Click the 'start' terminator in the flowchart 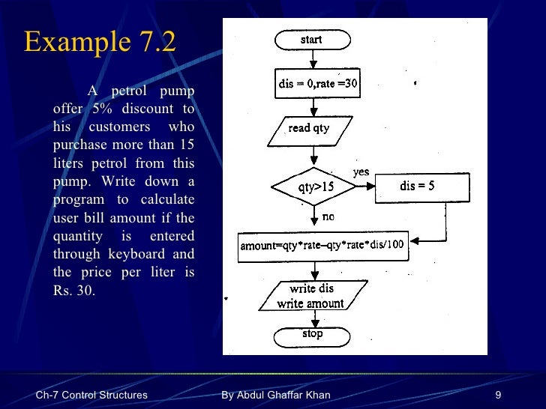[x=312, y=40]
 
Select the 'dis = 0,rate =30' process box [x=319, y=84]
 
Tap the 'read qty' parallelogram [x=309, y=129]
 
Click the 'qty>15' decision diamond [x=313, y=187]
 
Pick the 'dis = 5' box [x=422, y=187]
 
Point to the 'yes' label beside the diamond [x=361, y=172]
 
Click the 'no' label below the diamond [x=328, y=216]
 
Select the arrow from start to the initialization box [x=313, y=60]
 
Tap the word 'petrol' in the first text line [x=134, y=91]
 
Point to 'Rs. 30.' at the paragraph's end [x=74, y=291]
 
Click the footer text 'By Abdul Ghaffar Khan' [x=276, y=395]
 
